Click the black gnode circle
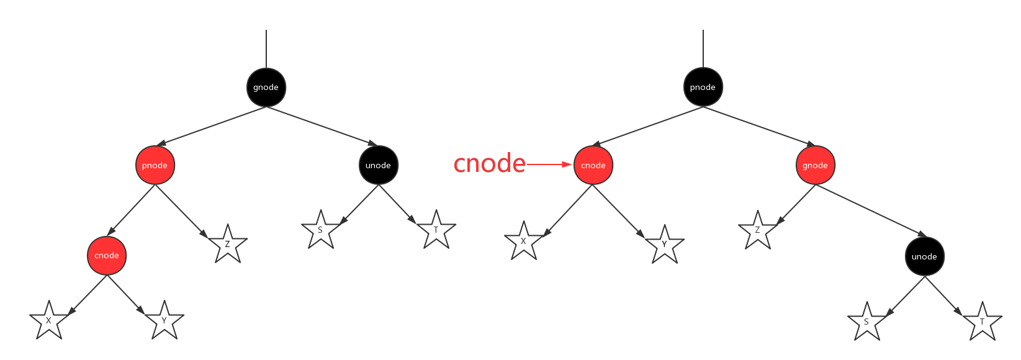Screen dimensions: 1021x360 [x=266, y=87]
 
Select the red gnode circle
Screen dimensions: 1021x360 [x=815, y=165]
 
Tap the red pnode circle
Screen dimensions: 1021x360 [x=155, y=165]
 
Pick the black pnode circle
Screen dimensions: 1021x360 [x=703, y=87]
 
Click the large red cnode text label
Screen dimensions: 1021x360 [x=489, y=164]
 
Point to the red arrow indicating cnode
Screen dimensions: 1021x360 [x=549, y=164]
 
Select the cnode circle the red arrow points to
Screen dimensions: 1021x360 [x=593, y=165]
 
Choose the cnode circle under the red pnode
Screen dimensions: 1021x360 [x=107, y=255]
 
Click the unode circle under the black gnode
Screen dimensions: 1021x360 [x=378, y=165]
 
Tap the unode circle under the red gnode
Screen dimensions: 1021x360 [x=924, y=256]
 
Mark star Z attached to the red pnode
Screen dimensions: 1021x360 [x=227, y=243]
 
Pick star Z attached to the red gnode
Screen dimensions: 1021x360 [x=757, y=230]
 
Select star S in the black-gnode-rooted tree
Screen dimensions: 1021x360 [x=320, y=230]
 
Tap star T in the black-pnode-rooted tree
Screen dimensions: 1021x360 [x=982, y=321]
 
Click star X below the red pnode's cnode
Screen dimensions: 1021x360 [x=48, y=320]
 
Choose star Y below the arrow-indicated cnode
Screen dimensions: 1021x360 [x=664, y=243]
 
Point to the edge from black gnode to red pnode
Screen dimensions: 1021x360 [x=211, y=126]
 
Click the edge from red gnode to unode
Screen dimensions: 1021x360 [x=869, y=210]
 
